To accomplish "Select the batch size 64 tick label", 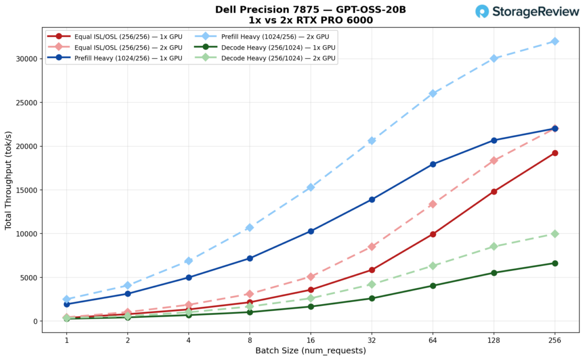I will tap(433, 341).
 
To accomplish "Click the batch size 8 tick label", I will tap(250, 341).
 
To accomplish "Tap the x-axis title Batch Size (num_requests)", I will tap(311, 350).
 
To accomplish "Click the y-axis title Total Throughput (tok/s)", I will tap(9, 180).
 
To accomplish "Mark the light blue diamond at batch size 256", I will tap(555, 41).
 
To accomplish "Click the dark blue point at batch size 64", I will tap(433, 164).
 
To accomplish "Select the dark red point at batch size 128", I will tap(494, 192).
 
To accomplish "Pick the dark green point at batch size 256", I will tap(555, 263).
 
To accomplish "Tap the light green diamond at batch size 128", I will tap(494, 246).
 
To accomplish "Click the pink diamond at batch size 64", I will tap(433, 204).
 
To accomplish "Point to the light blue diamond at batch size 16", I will tap(311, 187).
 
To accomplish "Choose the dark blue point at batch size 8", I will tap(250, 258).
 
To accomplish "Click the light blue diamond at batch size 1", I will tap(67, 299).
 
